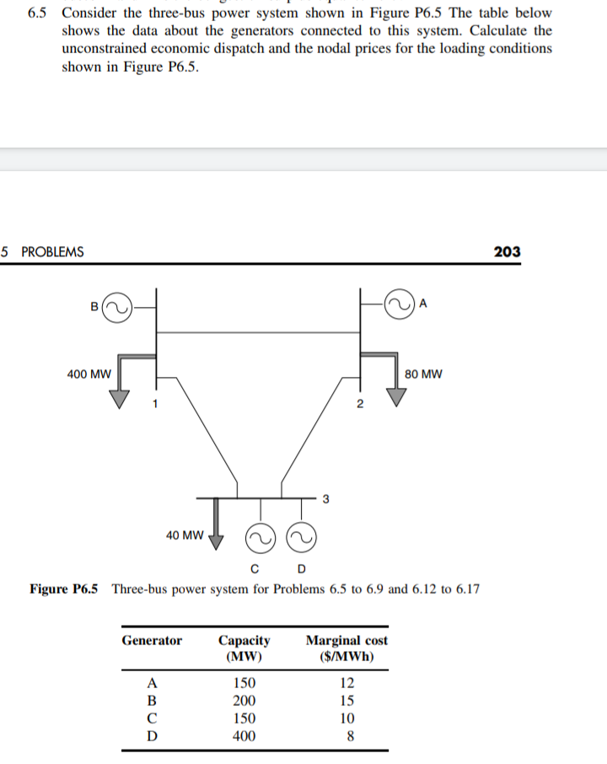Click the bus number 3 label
[x=325, y=498]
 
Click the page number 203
[x=507, y=251]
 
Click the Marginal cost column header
[x=346, y=648]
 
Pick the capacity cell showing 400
[x=244, y=736]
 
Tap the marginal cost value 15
[x=346, y=701]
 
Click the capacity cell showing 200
[x=244, y=701]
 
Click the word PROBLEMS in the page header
[x=52, y=251]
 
